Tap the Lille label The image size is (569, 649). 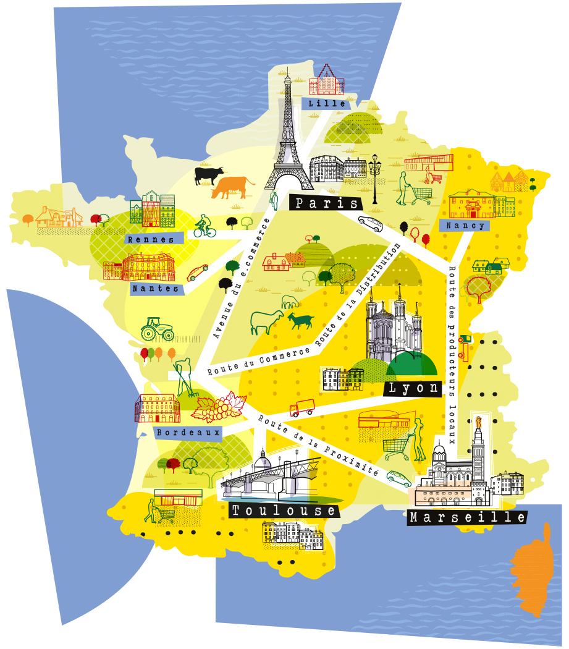click(x=327, y=103)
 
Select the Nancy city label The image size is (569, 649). click(x=465, y=226)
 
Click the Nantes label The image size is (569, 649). click(x=155, y=288)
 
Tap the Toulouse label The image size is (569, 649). click(x=284, y=511)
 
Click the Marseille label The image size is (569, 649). click(x=467, y=517)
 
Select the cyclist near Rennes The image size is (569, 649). click(x=204, y=227)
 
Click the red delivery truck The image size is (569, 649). click(x=301, y=408)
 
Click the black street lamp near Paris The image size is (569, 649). click(x=375, y=177)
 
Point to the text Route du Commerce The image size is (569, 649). click(x=259, y=362)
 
